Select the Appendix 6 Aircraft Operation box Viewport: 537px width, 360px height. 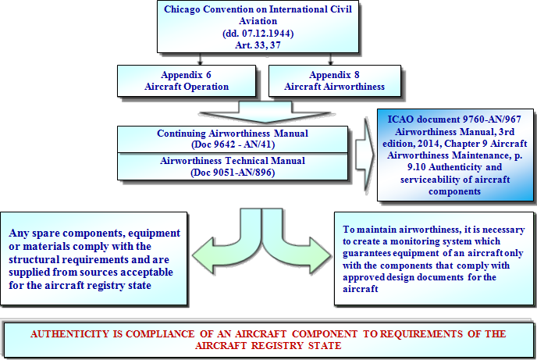(x=187, y=81)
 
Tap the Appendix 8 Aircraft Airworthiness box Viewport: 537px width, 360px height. (x=335, y=81)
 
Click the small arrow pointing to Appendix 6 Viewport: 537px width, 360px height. (x=200, y=59)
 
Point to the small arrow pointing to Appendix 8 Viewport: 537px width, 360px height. (x=330, y=59)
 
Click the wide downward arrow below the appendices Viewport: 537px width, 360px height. (x=265, y=112)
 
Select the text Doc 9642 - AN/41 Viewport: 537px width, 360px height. (x=233, y=144)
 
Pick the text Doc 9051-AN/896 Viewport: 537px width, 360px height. (x=233, y=173)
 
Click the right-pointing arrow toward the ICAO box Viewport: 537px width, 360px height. (x=365, y=154)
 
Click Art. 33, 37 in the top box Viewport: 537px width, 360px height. (x=258, y=45)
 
